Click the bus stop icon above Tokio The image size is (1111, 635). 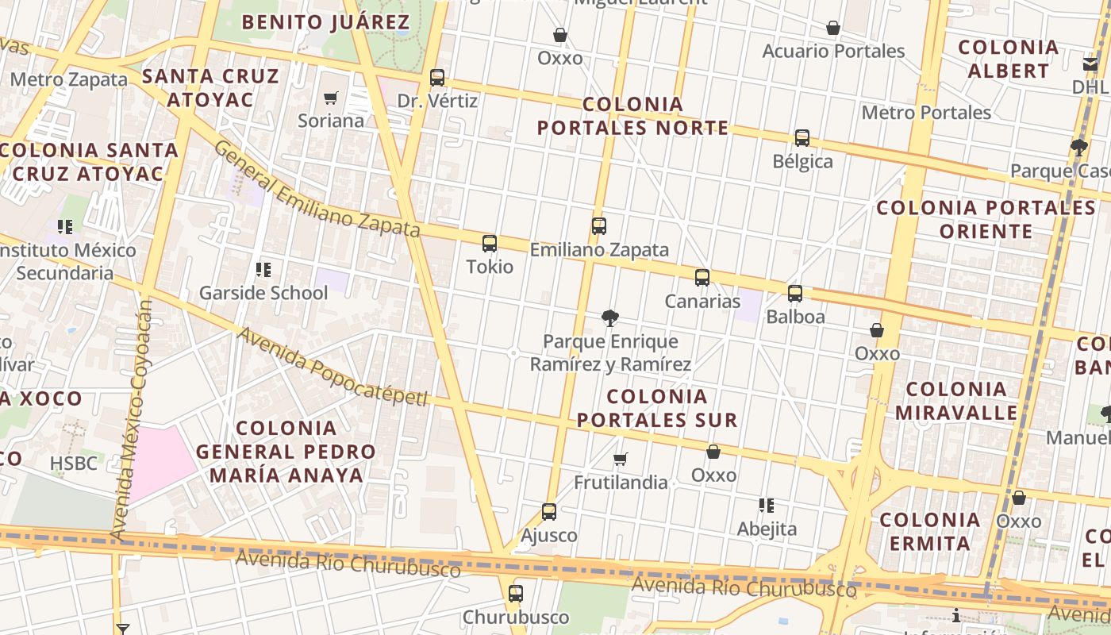(490, 244)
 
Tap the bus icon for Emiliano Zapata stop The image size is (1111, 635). (599, 226)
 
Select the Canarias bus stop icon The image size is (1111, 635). (702, 278)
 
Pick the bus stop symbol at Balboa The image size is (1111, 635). (795, 294)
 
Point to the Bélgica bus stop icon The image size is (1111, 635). (802, 138)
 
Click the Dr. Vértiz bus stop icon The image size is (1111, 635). (437, 78)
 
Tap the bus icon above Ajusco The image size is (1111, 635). (549, 512)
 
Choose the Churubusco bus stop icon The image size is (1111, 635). (516, 594)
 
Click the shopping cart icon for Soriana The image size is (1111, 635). (331, 98)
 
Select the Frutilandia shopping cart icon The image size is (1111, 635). (621, 459)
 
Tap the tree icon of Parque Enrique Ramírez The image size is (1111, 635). (610, 318)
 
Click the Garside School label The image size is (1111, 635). (263, 293)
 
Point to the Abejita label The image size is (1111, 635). (767, 529)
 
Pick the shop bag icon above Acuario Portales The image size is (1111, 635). (833, 29)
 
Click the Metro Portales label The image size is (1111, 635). (926, 113)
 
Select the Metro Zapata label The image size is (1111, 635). (69, 79)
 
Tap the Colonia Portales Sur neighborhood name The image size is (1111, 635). (657, 408)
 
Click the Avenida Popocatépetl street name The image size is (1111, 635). (333, 367)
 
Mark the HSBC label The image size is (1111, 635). (74, 463)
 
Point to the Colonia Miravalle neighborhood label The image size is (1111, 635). (956, 401)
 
